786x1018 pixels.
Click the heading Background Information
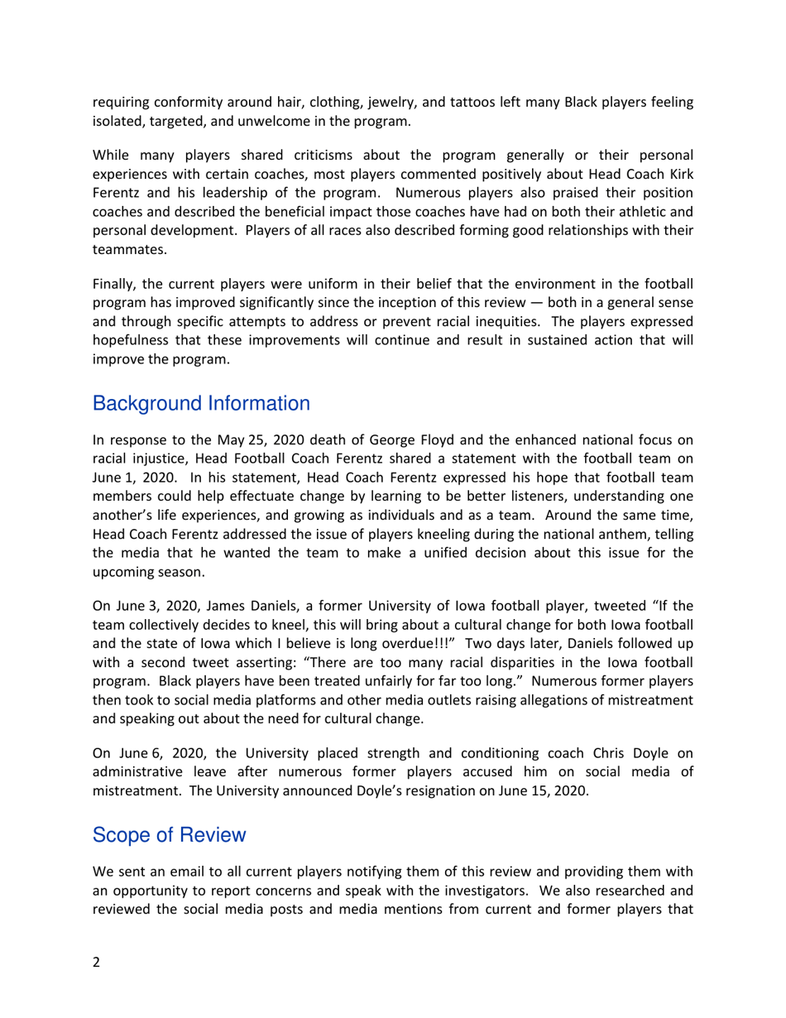click(x=201, y=404)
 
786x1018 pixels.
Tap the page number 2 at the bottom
click(x=96, y=962)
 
